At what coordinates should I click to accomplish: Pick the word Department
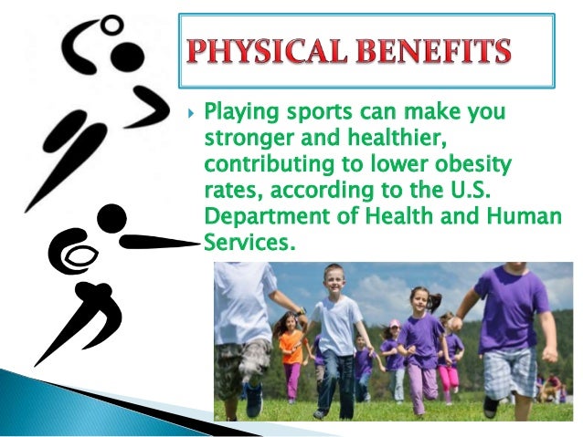point(264,218)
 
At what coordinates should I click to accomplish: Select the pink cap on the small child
point(394,324)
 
